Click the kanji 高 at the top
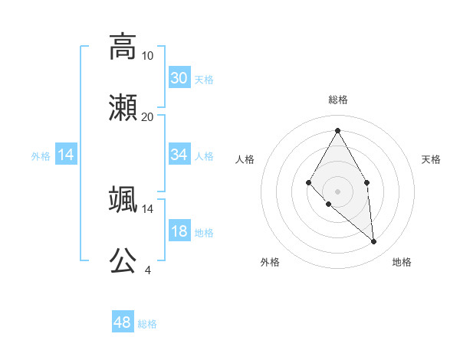pyautogui.click(x=123, y=46)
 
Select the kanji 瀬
pyautogui.click(x=123, y=107)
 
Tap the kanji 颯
pyautogui.click(x=123, y=199)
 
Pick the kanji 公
pyautogui.click(x=123, y=260)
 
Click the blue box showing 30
pyautogui.click(x=179, y=78)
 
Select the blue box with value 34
pyautogui.click(x=179, y=155)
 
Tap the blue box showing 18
pyautogui.click(x=179, y=232)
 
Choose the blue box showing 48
pyautogui.click(x=123, y=322)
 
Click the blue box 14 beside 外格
pyautogui.click(x=66, y=155)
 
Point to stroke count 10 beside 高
pyautogui.click(x=148, y=55)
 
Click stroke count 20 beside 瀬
pyautogui.click(x=148, y=116)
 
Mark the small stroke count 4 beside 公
pyautogui.click(x=148, y=270)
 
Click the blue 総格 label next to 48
pyautogui.click(x=147, y=324)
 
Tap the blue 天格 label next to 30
pyautogui.click(x=204, y=80)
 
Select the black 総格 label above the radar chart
pyautogui.click(x=337, y=100)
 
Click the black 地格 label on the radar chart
pyautogui.click(x=402, y=262)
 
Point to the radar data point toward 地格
pyautogui.click(x=373, y=241)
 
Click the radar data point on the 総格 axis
pyautogui.click(x=337, y=131)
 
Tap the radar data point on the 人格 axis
pyautogui.click(x=309, y=182)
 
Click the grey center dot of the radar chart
pyautogui.click(x=337, y=191)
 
